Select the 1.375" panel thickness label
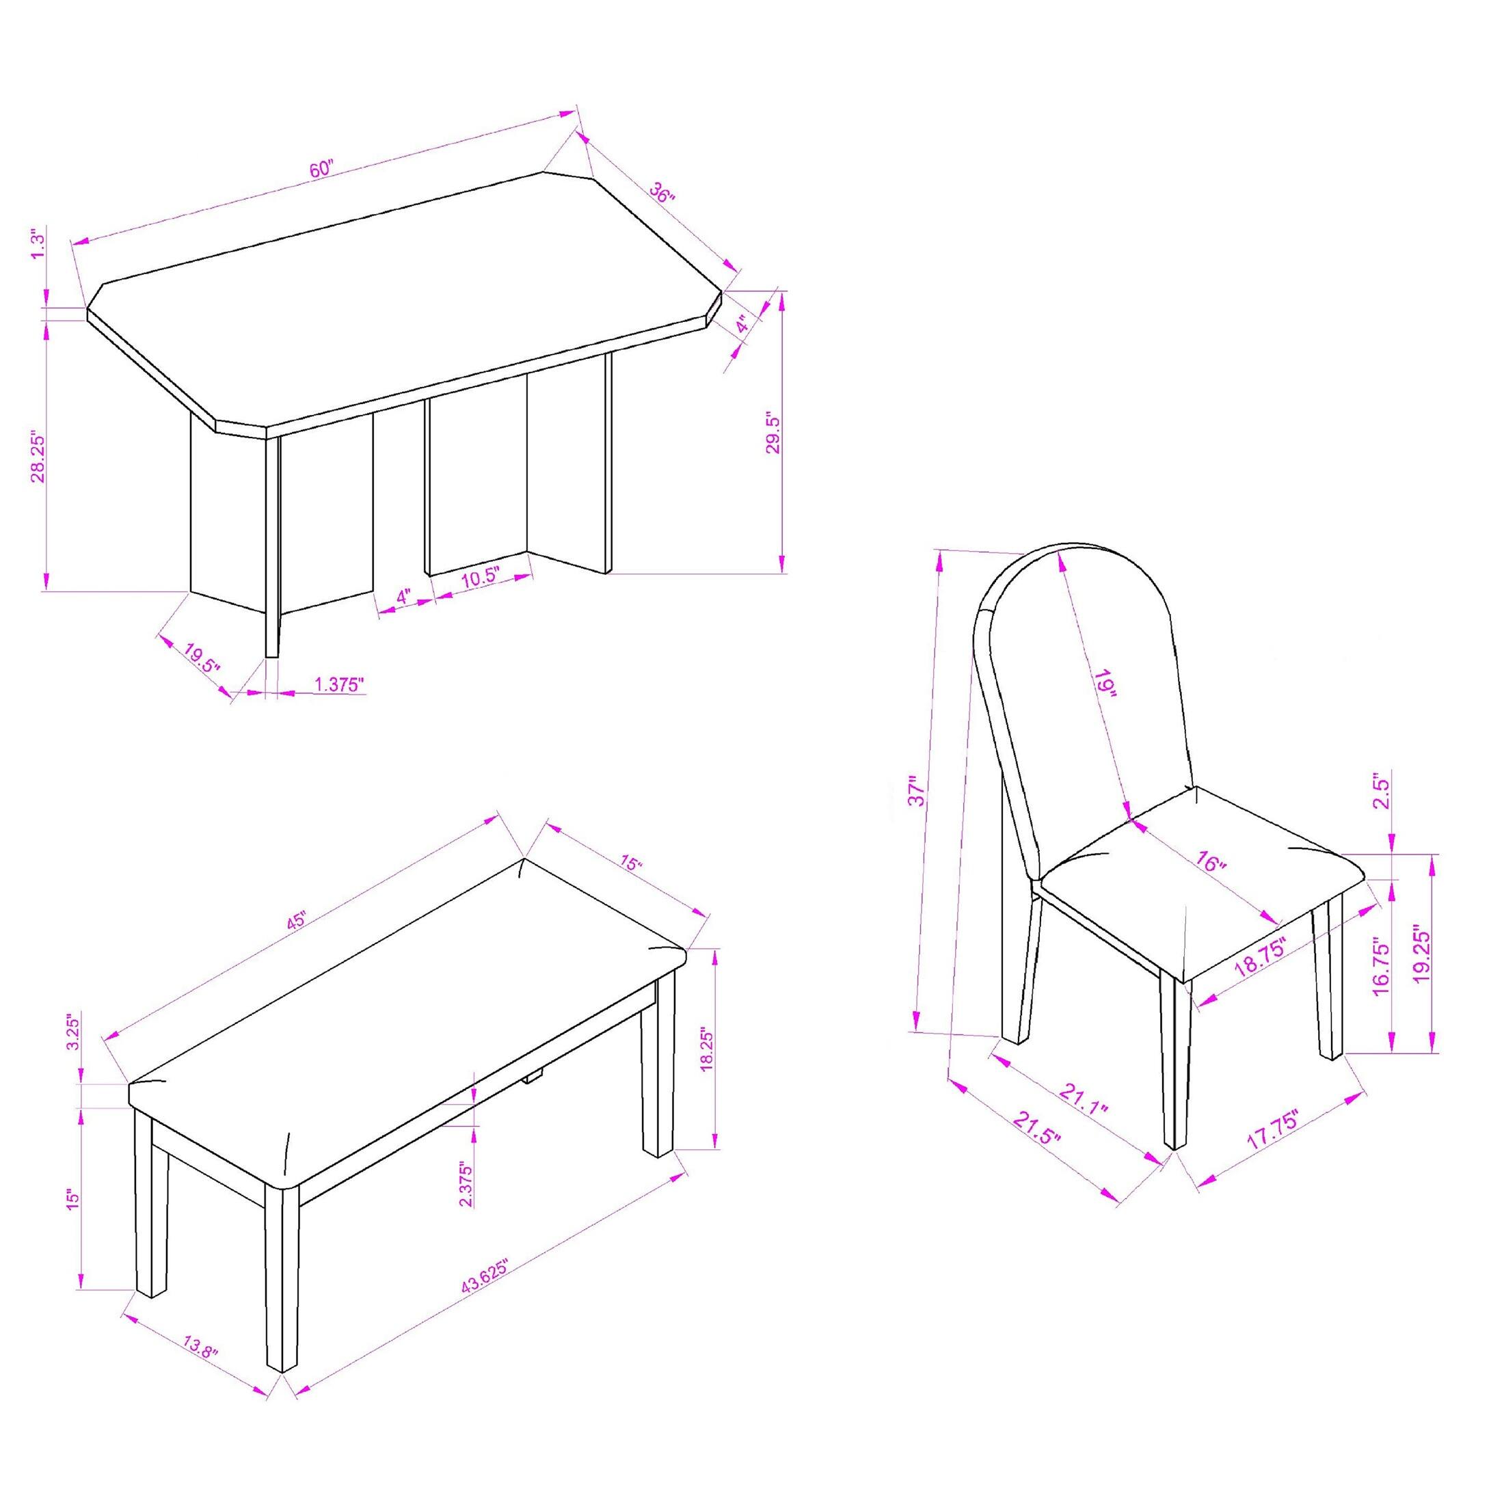pyautogui.click(x=339, y=684)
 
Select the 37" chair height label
pyautogui.click(x=919, y=790)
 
